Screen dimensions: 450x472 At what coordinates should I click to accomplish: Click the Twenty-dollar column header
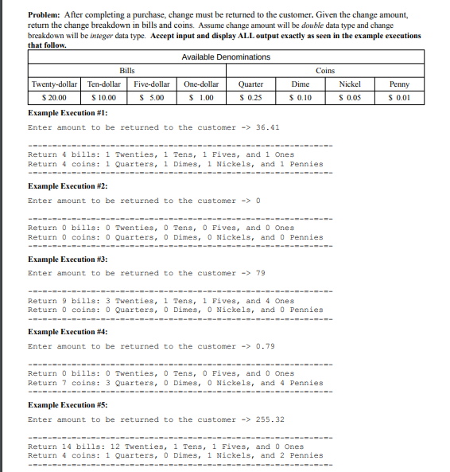54,84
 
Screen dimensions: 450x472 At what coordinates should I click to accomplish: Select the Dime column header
301,84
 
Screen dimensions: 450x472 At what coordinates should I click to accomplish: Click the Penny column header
399,84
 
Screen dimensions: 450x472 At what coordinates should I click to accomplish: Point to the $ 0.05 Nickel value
350,97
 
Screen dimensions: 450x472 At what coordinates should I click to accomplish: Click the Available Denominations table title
226,57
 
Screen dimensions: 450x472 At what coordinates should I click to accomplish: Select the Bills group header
126,71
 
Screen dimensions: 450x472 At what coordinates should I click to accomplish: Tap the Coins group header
325,71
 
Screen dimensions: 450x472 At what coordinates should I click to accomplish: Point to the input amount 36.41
267,127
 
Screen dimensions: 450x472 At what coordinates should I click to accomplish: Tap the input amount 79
260,273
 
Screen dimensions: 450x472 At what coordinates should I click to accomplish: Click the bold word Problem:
46,15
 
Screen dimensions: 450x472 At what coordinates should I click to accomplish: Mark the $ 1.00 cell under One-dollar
202,97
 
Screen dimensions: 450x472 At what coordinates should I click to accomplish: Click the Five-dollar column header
153,84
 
